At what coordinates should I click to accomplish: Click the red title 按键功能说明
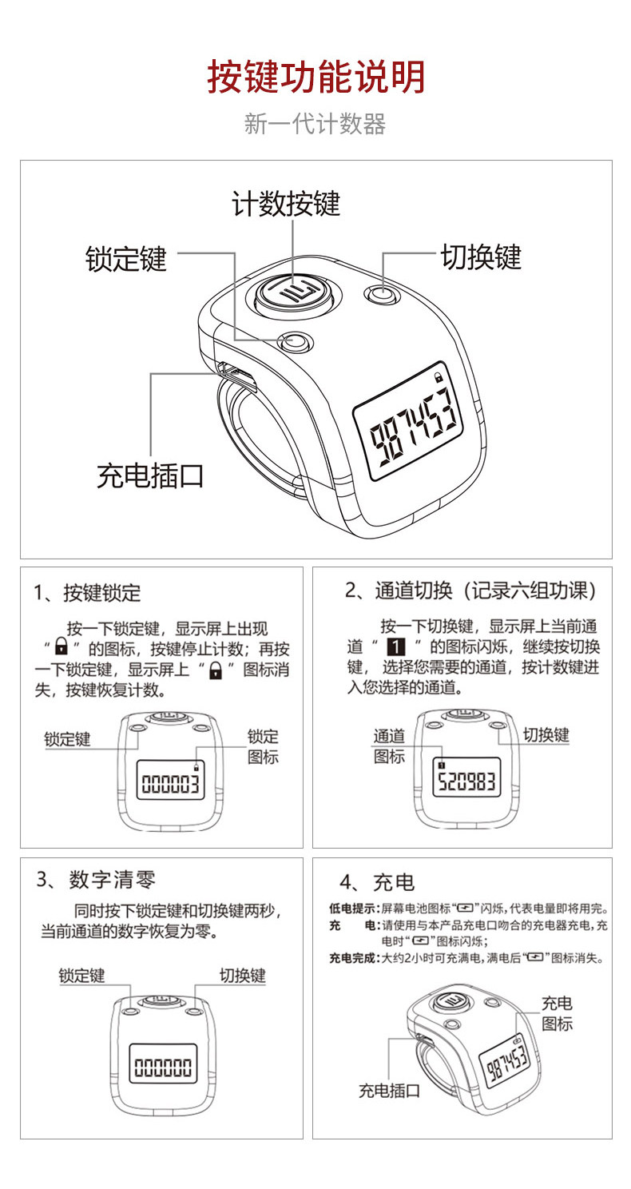(315, 78)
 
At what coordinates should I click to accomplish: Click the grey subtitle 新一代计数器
(315, 124)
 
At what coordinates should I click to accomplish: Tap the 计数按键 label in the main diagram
(285, 203)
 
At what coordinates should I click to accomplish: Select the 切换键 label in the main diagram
(482, 257)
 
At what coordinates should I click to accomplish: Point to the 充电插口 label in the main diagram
(150, 475)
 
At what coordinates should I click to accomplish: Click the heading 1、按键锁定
(88, 593)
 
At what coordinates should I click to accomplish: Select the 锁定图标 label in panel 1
(263, 746)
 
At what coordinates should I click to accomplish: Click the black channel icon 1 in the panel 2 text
(396, 646)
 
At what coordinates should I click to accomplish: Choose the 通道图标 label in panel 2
(389, 746)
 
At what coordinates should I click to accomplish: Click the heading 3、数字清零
(96, 880)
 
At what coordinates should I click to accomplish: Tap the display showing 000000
(163, 1064)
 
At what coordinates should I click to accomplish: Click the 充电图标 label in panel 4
(557, 1012)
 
